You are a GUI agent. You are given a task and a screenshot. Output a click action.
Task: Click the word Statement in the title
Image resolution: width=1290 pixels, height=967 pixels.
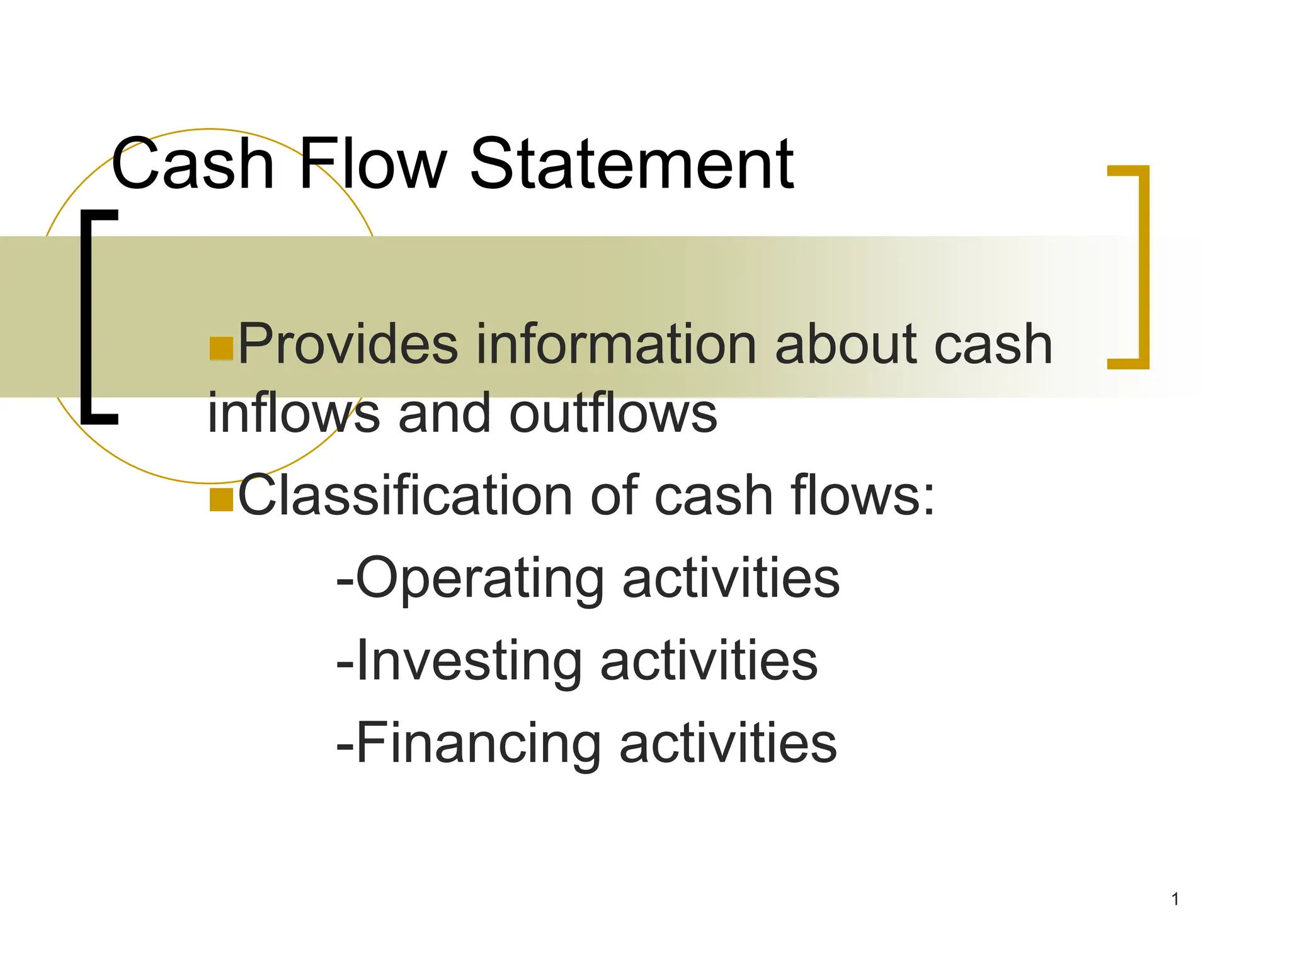(x=631, y=165)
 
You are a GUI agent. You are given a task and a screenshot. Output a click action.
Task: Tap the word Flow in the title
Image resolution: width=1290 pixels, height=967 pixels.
(x=373, y=165)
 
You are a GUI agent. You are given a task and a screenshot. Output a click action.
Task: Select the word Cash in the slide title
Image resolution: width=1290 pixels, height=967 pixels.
(x=193, y=165)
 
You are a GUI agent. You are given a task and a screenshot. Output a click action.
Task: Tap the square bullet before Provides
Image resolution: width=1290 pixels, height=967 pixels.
(x=221, y=349)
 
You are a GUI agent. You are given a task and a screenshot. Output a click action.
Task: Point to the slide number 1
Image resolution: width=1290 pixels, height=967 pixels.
(x=1175, y=899)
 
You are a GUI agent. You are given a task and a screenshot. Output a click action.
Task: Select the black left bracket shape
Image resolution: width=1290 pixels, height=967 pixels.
(x=88, y=317)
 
